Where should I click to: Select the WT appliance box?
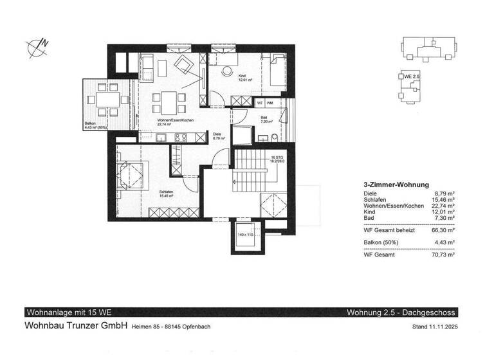(x=260, y=102)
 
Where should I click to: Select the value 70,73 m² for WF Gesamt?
(x=443, y=255)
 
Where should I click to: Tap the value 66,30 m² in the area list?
(x=443, y=228)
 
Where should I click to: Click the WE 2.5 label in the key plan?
(x=412, y=76)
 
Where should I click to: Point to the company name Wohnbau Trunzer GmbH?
(x=75, y=326)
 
